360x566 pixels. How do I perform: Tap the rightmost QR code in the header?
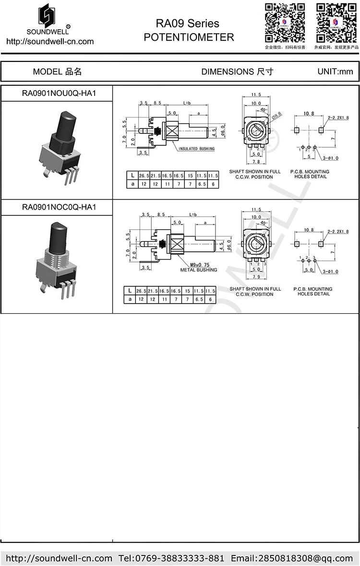tap(334, 23)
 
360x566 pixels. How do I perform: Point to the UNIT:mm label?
tap(335, 72)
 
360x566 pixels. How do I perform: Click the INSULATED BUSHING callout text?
tap(196, 149)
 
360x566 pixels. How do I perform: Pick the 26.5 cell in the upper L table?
tap(144, 176)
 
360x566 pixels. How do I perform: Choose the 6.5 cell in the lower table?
tap(202, 299)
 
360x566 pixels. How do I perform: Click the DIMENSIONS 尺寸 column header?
tap(237, 72)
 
